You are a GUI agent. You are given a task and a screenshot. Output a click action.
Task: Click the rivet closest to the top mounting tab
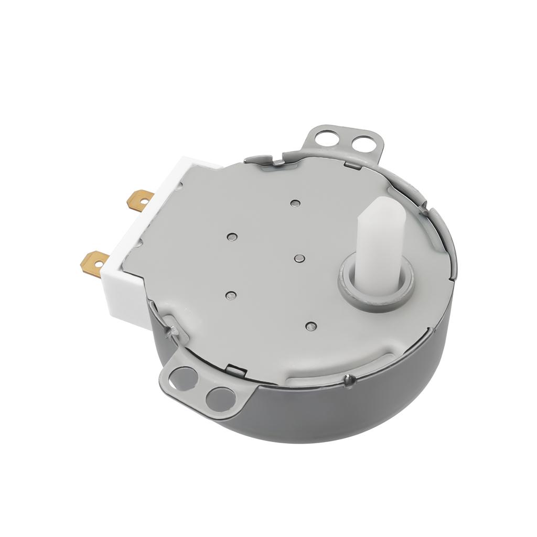296,202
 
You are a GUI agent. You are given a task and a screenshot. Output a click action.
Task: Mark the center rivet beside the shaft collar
299,258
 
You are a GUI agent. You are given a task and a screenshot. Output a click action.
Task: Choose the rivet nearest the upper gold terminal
231,237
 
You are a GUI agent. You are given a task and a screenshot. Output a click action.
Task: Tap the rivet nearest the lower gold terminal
230,295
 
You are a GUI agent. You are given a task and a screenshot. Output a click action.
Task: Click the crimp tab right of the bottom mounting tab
238,370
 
